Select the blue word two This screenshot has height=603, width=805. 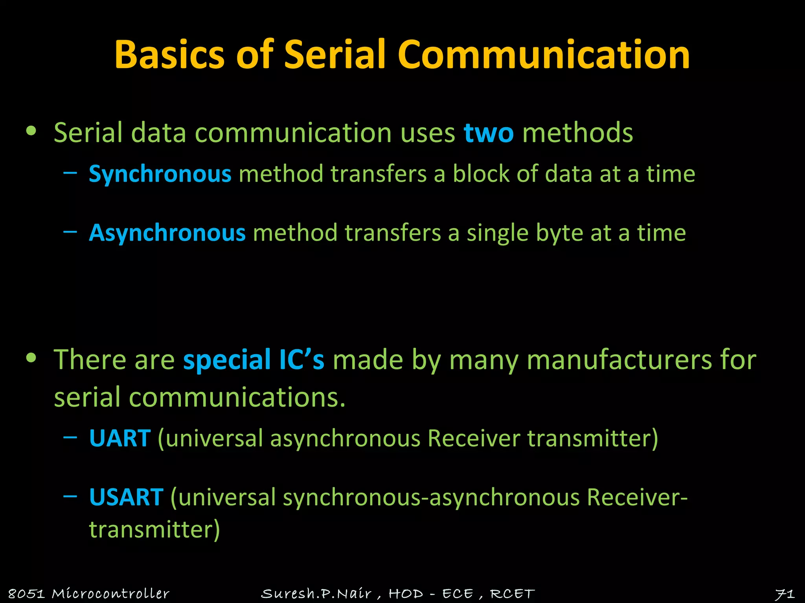point(489,133)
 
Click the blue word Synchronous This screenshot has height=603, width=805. point(160,174)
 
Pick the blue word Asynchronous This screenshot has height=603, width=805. point(167,233)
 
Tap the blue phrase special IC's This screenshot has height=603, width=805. point(254,360)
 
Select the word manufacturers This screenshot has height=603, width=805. point(619,360)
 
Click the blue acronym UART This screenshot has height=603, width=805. point(120,438)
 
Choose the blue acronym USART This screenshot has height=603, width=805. point(126,497)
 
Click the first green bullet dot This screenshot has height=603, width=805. point(31,131)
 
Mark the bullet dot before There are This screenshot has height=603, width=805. point(31,358)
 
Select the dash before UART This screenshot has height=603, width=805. point(70,437)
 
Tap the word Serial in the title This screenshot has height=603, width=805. point(335,55)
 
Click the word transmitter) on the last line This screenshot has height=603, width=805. point(154,529)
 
